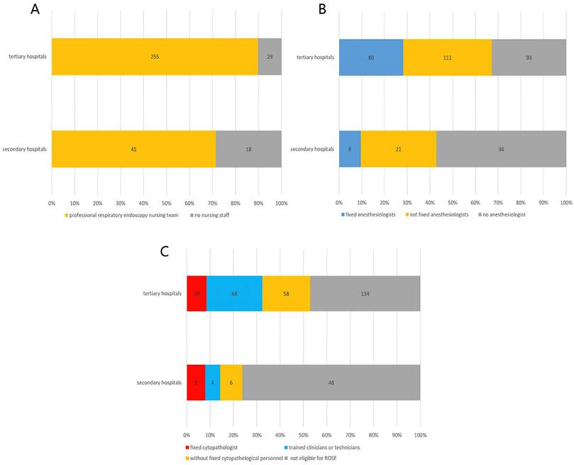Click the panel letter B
(x=302, y=11)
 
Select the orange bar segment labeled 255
(x=155, y=55)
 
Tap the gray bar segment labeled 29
(x=270, y=55)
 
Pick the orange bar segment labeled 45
(x=133, y=149)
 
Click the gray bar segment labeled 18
(x=248, y=149)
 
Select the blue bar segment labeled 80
(x=370, y=55)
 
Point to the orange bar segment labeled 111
(x=447, y=55)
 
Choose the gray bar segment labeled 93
(x=529, y=55)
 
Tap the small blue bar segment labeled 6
(x=350, y=149)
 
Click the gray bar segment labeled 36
(x=501, y=149)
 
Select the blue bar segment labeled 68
(x=234, y=293)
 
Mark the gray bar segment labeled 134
(x=365, y=293)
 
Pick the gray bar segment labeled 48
(x=331, y=383)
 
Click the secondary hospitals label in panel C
(x=158, y=383)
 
